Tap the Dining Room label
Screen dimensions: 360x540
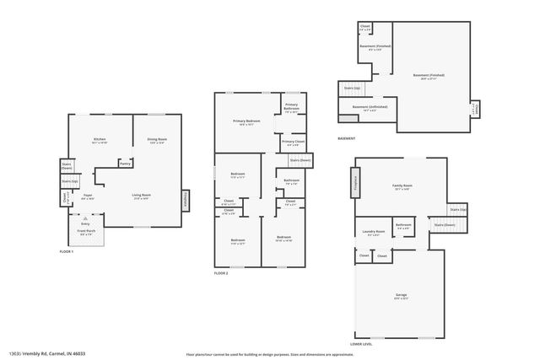[157, 140]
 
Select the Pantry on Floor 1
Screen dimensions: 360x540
[125, 164]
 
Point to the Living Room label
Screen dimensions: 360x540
[140, 196]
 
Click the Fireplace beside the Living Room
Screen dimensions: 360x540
[186, 199]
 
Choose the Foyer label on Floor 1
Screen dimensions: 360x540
[87, 196]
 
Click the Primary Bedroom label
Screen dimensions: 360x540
[246, 122]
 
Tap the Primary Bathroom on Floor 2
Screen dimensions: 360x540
[291, 107]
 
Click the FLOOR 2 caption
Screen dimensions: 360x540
[221, 273]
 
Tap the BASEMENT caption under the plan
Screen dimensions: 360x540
[346, 138]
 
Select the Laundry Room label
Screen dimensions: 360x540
[374, 232]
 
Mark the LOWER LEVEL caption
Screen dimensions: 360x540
[361, 344]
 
